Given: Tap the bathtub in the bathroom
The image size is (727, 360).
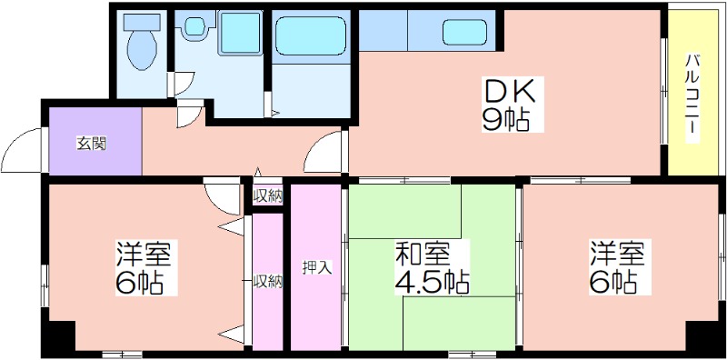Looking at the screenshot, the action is click(311, 36).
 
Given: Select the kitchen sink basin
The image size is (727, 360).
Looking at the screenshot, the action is click(464, 33).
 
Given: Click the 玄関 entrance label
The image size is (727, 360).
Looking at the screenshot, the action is click(92, 144).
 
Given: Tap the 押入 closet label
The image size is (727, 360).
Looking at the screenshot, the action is click(316, 267).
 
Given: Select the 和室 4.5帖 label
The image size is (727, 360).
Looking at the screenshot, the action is click(432, 267).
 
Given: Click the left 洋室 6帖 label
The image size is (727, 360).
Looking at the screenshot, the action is click(144, 267).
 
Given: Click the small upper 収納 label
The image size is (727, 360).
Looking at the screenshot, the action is click(267, 196).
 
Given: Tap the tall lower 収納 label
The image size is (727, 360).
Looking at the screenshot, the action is click(267, 281).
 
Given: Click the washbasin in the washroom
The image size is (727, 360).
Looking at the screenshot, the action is click(194, 26).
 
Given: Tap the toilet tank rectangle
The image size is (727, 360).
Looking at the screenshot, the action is click(142, 21).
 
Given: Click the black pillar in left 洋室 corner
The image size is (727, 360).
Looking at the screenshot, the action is click(59, 339).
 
